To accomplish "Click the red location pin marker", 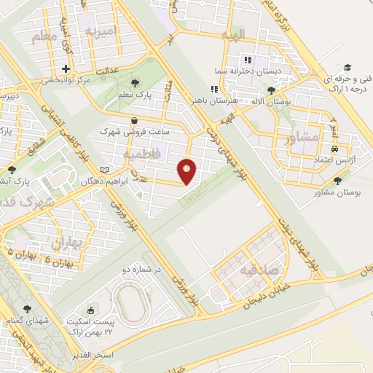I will [x=187, y=170].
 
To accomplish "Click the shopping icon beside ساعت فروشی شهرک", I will [x=133, y=121].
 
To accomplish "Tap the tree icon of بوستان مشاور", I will [x=337, y=181].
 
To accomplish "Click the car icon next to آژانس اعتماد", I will [x=334, y=147].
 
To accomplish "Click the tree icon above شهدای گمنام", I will [x=28, y=309].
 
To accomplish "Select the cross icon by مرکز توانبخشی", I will [x=66, y=69].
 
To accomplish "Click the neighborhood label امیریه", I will [x=101, y=31].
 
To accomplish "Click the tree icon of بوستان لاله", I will [x=272, y=91].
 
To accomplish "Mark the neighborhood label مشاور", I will [x=304, y=136].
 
